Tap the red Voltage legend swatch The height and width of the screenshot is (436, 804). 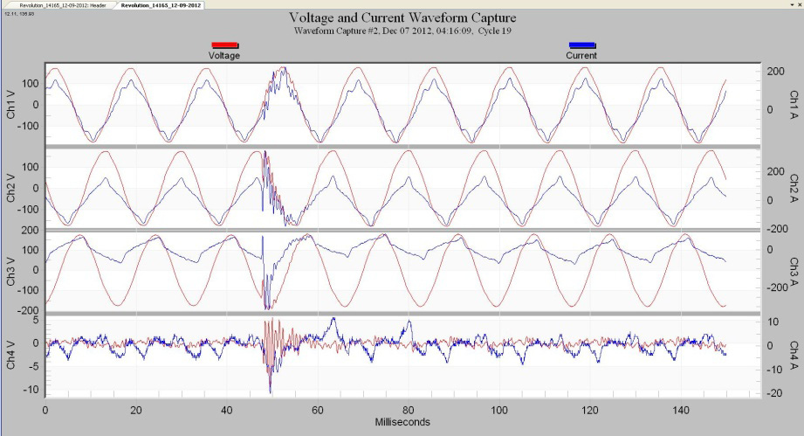tap(224, 45)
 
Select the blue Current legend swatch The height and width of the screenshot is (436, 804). tap(582, 45)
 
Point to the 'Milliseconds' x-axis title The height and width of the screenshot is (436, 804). tap(402, 422)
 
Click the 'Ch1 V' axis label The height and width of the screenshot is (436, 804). tap(11, 104)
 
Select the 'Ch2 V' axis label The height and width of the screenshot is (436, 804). tap(11, 187)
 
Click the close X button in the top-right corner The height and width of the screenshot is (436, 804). tap(798, 4)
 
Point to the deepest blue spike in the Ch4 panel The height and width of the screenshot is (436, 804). tap(271, 391)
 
